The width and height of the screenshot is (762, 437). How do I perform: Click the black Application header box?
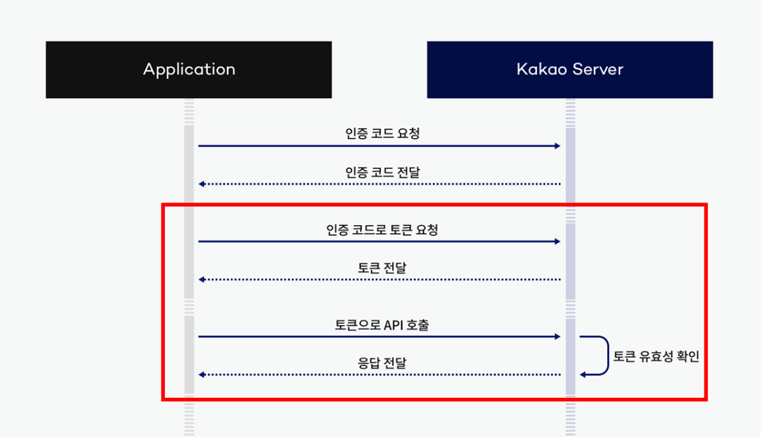189,70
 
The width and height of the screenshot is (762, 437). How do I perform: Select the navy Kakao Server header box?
569,70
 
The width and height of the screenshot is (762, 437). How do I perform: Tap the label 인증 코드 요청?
382,133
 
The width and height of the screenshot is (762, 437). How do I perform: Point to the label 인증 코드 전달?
382,172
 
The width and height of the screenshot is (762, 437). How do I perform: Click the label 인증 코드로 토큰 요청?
382,230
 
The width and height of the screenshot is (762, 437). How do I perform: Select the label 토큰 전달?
382,267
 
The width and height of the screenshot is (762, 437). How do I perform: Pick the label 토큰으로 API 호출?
382,325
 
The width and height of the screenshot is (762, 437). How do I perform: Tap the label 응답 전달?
382,363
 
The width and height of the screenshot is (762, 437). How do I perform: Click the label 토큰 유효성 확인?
655,356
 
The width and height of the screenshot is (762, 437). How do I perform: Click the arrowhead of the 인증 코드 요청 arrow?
557,146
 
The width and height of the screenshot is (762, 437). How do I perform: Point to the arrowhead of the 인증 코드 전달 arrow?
202,184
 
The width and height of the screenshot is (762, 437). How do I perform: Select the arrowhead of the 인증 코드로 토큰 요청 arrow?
557,242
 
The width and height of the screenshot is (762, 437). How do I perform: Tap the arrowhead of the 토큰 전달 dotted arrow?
202,279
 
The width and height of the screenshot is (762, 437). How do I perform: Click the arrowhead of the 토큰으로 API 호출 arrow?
557,337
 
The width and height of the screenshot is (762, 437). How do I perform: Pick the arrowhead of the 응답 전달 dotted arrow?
202,375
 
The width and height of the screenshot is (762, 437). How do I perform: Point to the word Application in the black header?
189,70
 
